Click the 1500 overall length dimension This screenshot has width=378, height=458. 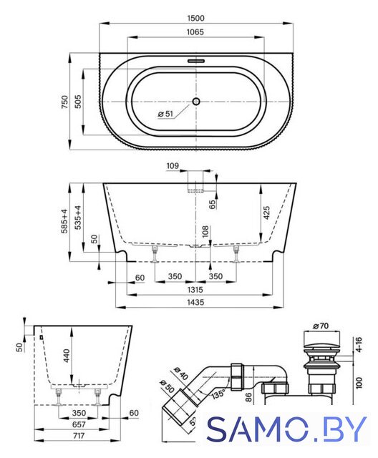(x=195, y=18)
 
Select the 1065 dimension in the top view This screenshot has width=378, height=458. (x=195, y=31)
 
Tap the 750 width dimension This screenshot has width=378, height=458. (x=64, y=102)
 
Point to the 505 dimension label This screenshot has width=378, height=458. (x=78, y=102)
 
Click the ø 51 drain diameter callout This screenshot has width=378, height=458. (x=165, y=114)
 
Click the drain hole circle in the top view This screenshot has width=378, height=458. (x=195, y=102)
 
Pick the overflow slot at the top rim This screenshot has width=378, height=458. (x=196, y=61)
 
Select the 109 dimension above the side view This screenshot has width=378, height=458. (x=173, y=166)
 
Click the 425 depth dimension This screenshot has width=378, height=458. (x=266, y=213)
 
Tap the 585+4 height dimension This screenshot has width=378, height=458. (x=64, y=221)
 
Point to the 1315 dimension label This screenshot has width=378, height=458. (x=195, y=290)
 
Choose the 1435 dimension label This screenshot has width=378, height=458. (x=195, y=302)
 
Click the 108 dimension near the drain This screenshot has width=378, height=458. (x=205, y=231)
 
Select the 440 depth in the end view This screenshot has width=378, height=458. (x=67, y=356)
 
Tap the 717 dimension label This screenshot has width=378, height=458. (x=79, y=436)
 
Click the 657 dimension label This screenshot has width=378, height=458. (x=79, y=424)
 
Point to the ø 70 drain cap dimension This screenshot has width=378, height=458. (x=321, y=326)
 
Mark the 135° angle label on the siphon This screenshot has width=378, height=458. (x=218, y=394)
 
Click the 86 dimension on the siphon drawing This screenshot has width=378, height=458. (x=248, y=398)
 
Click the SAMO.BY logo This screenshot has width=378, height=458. (x=286, y=429)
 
